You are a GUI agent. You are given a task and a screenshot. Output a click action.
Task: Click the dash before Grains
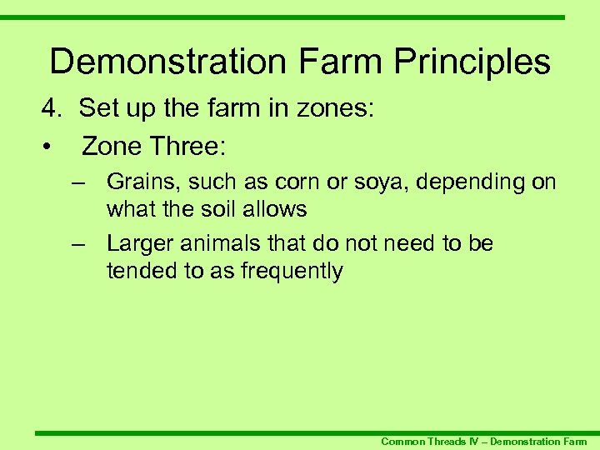79,182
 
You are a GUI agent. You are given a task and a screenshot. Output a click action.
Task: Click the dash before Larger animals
79,243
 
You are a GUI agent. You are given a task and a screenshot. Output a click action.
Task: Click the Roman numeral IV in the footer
477,441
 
